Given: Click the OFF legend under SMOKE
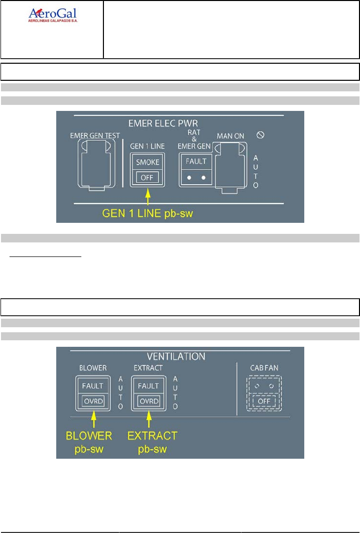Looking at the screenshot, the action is click(148, 177).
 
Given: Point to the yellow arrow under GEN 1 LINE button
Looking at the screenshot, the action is click(148, 195).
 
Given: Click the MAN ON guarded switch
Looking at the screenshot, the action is click(230, 165).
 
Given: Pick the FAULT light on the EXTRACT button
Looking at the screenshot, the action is click(147, 386).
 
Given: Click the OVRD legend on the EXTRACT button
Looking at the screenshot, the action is click(147, 401).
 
